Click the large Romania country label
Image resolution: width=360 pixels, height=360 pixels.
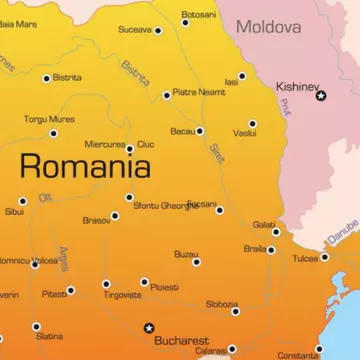click(x=85, y=166)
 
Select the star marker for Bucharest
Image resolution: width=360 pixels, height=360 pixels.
click(x=149, y=327)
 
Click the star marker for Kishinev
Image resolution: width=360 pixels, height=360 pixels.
click(x=321, y=95)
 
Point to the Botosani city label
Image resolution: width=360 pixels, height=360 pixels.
click(x=198, y=14)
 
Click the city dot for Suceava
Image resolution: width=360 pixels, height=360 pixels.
click(x=158, y=31)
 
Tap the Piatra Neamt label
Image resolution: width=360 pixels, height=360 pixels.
click(x=199, y=92)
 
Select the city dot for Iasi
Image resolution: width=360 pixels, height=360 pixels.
click(x=242, y=76)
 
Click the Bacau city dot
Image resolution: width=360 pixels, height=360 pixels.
click(x=200, y=131)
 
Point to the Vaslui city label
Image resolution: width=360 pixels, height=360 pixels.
click(x=244, y=133)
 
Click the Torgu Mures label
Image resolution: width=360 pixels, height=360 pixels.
click(x=50, y=119)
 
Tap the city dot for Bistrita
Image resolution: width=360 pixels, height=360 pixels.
click(x=46, y=78)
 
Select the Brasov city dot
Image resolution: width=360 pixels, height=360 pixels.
click(x=115, y=216)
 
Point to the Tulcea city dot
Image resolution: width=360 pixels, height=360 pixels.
click(x=324, y=257)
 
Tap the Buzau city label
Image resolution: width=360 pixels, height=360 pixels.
click(x=186, y=253)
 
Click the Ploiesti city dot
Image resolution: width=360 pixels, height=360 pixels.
click(x=144, y=283)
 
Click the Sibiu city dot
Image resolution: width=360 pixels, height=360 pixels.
click(x=23, y=201)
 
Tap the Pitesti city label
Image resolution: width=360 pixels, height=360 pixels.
click(x=54, y=293)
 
